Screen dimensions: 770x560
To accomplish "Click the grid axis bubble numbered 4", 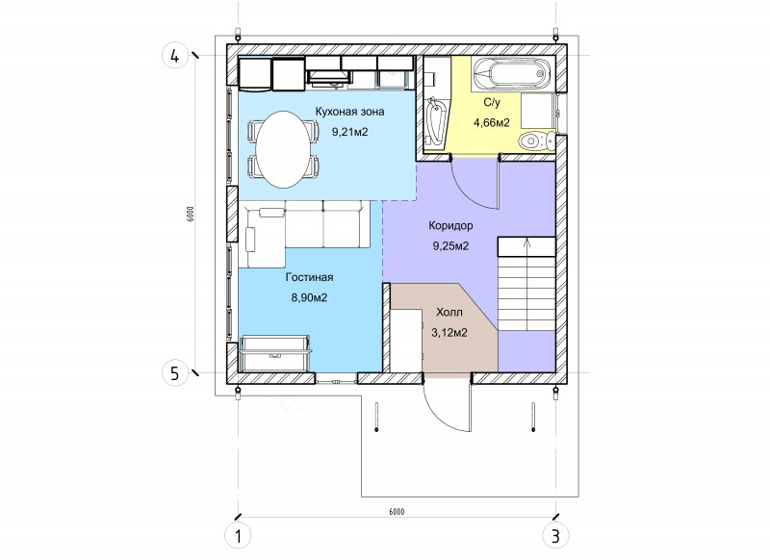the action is click(x=175, y=56).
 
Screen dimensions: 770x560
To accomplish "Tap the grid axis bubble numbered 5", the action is click(x=175, y=374).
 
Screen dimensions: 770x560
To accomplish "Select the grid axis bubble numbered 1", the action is click(x=238, y=536).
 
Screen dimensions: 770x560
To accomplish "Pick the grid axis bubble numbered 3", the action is click(x=555, y=536).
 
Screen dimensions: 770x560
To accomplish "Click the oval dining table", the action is click(x=284, y=149).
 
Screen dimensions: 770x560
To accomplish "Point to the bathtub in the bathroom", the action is click(x=513, y=74).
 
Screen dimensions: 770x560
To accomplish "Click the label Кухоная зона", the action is click(x=349, y=112).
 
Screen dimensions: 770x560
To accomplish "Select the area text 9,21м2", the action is click(x=349, y=132).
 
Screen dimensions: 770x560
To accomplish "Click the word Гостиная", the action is click(x=309, y=277).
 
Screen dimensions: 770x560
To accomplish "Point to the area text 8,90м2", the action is click(x=309, y=298).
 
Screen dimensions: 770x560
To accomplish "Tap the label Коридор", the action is click(x=450, y=226).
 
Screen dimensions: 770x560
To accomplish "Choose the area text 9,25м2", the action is click(x=450, y=246).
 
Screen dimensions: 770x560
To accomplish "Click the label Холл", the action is click(x=449, y=312).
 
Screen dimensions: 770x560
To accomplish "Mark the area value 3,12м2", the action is click(x=449, y=333).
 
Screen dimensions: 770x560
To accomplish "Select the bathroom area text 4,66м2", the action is click(x=492, y=123).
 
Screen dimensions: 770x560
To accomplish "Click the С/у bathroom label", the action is click(x=492, y=103).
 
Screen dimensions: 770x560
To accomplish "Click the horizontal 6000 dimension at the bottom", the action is click(x=397, y=512).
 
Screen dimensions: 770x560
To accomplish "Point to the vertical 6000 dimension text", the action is click(x=191, y=214).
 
